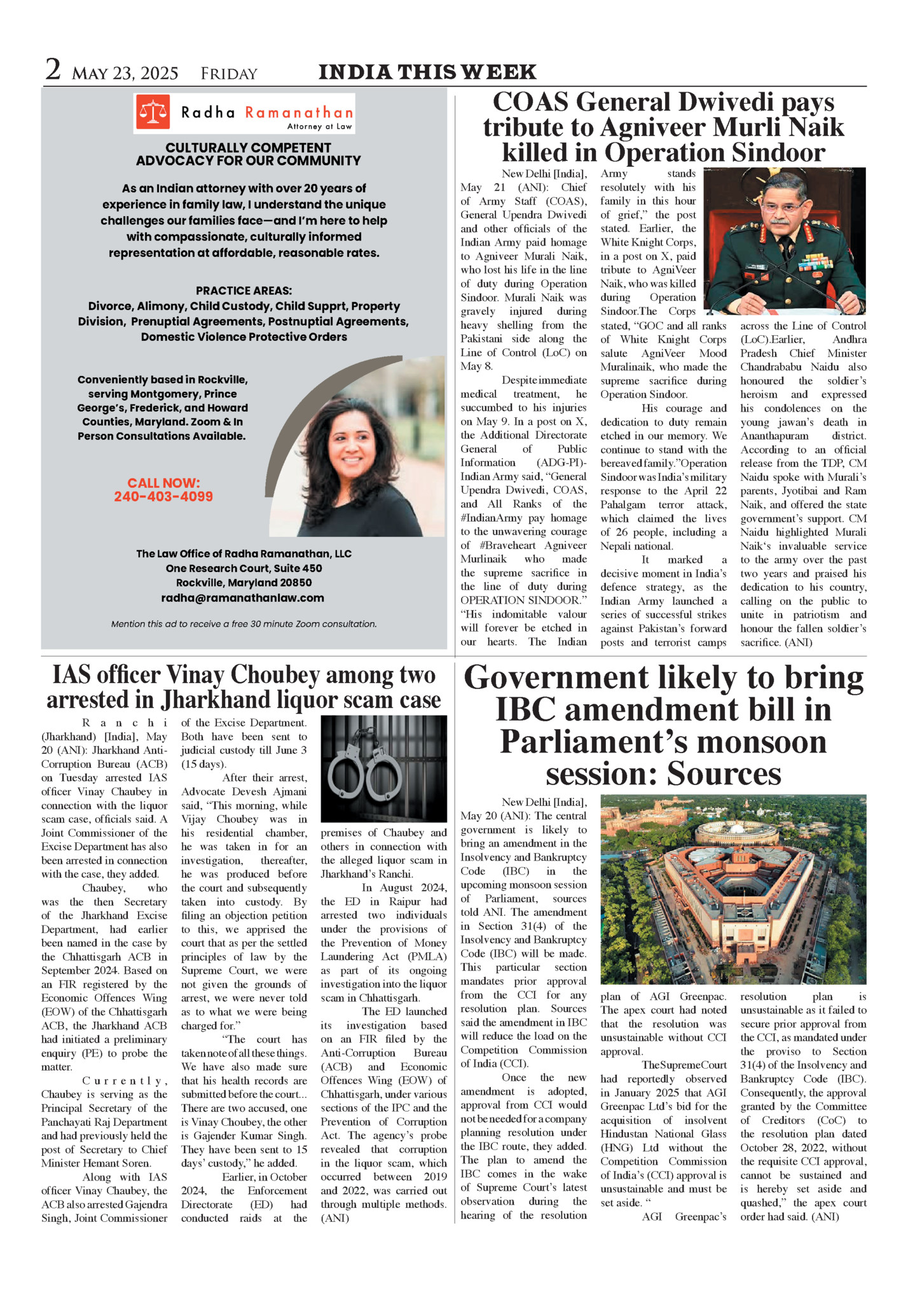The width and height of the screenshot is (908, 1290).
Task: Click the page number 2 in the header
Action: pyautogui.click(x=53, y=70)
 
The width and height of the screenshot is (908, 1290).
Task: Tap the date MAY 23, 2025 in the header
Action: pyautogui.click(x=125, y=74)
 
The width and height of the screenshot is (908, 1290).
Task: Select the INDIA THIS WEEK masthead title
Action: pyautogui.click(x=427, y=72)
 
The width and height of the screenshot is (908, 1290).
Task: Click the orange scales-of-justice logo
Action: pyautogui.click(x=153, y=112)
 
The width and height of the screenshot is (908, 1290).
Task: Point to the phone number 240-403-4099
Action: pyautogui.click(x=163, y=497)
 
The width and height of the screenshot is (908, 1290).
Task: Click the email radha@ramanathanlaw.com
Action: pyautogui.click(x=242, y=598)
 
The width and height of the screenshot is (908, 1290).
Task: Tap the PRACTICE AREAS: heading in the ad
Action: pyautogui.click(x=244, y=291)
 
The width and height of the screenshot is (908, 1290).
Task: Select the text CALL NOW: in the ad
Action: pyautogui.click(x=163, y=483)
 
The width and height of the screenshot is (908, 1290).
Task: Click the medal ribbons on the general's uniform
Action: pyautogui.click(x=816, y=261)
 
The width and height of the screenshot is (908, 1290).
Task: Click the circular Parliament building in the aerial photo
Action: pyautogui.click(x=737, y=834)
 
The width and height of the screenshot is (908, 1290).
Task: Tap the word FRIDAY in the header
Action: pyautogui.click(x=229, y=74)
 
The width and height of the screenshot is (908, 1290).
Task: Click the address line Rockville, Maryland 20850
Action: pyautogui.click(x=244, y=583)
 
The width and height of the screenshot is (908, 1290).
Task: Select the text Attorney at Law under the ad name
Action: pyautogui.click(x=319, y=127)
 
